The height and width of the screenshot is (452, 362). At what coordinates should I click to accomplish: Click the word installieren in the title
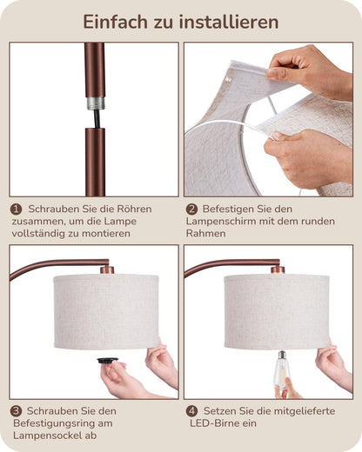tap(231, 22)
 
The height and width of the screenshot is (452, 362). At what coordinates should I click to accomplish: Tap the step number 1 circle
tap(16, 209)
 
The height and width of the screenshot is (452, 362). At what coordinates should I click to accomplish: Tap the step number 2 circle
tap(191, 209)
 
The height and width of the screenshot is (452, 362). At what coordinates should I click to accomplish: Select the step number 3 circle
tap(16, 410)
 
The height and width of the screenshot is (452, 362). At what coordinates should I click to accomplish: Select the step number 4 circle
tap(191, 410)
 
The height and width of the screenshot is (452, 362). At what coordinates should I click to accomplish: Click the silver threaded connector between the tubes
tap(94, 103)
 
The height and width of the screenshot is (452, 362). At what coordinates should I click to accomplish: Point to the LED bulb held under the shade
tap(281, 369)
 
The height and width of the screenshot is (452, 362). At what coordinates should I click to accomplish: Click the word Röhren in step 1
tap(132, 209)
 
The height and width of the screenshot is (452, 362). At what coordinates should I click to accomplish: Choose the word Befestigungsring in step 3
tap(67, 423)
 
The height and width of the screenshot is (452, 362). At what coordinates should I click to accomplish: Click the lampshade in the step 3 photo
tap(105, 310)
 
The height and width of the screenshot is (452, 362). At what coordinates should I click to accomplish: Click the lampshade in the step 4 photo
tap(277, 310)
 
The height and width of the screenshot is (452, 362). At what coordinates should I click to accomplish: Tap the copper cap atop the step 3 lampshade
tap(106, 269)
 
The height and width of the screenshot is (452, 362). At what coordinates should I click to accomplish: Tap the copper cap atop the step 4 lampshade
tap(277, 269)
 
